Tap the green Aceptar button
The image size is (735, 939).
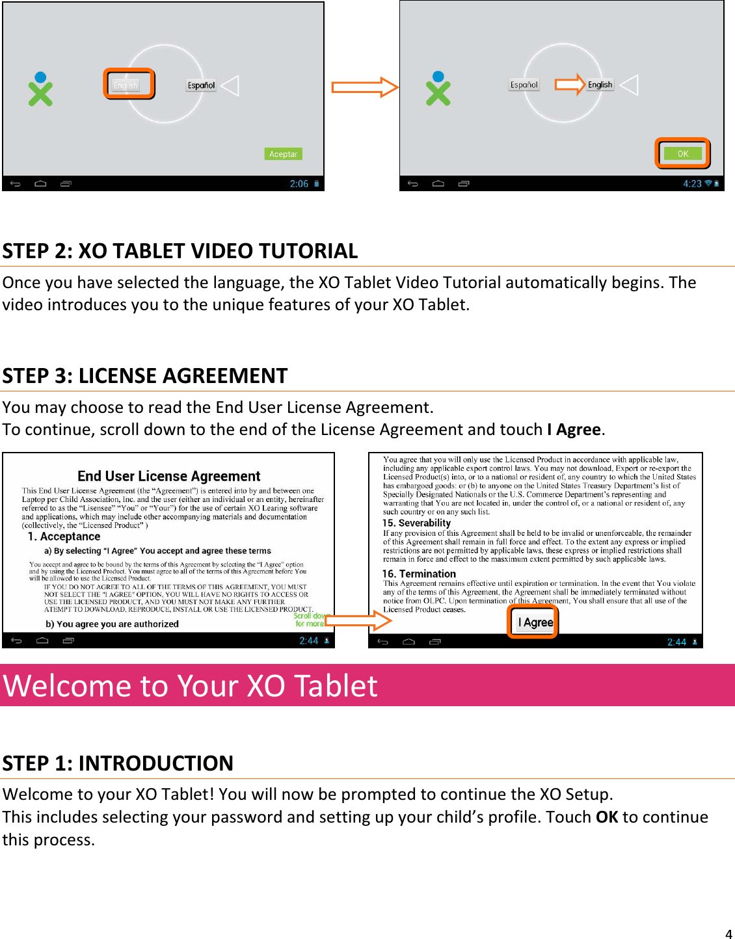click(x=283, y=154)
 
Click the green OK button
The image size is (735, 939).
click(x=682, y=153)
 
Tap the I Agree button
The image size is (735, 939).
click(x=535, y=622)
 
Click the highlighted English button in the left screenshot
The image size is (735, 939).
click(x=127, y=85)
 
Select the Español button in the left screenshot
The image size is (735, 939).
click(x=201, y=85)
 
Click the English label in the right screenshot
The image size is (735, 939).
click(x=600, y=85)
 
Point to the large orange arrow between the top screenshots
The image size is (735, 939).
click(x=364, y=86)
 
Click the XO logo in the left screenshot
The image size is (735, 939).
click(x=40, y=90)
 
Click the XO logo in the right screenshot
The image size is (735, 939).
click(x=438, y=89)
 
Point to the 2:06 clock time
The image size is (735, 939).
click(x=299, y=184)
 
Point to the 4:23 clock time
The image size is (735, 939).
click(x=692, y=184)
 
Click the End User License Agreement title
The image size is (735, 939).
click(x=168, y=476)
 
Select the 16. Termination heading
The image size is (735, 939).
click(x=419, y=574)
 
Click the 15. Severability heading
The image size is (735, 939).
click(x=416, y=523)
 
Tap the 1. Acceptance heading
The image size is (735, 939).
click(x=64, y=536)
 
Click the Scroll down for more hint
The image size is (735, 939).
click(x=309, y=620)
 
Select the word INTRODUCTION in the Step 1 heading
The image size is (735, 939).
click(x=155, y=763)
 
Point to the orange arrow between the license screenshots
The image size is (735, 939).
click(x=358, y=620)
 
